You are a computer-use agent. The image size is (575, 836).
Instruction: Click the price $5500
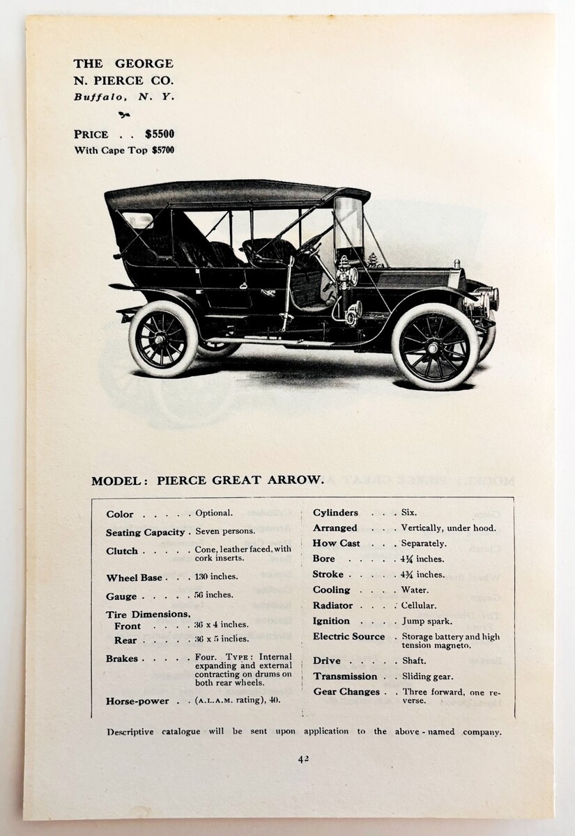coord(160,134)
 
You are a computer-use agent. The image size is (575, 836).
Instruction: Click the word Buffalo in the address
coord(99,97)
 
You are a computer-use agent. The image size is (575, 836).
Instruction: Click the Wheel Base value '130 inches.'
coord(217,577)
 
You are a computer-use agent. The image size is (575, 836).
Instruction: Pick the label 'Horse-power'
coord(137,701)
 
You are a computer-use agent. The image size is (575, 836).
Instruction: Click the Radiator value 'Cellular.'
coord(418,606)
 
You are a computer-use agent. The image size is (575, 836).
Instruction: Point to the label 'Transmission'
coord(345,676)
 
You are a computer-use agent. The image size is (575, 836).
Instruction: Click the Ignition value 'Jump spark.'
coord(427,621)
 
